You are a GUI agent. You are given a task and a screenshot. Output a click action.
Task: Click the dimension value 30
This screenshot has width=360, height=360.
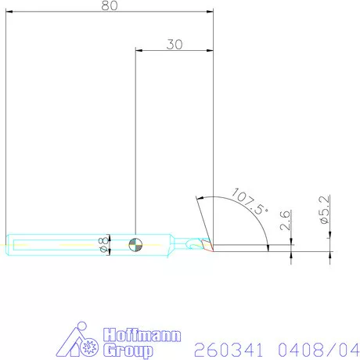174,45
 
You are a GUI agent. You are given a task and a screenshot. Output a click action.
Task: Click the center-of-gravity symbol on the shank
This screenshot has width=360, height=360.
135,244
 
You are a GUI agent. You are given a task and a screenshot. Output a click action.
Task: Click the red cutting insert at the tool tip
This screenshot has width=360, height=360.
205,245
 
